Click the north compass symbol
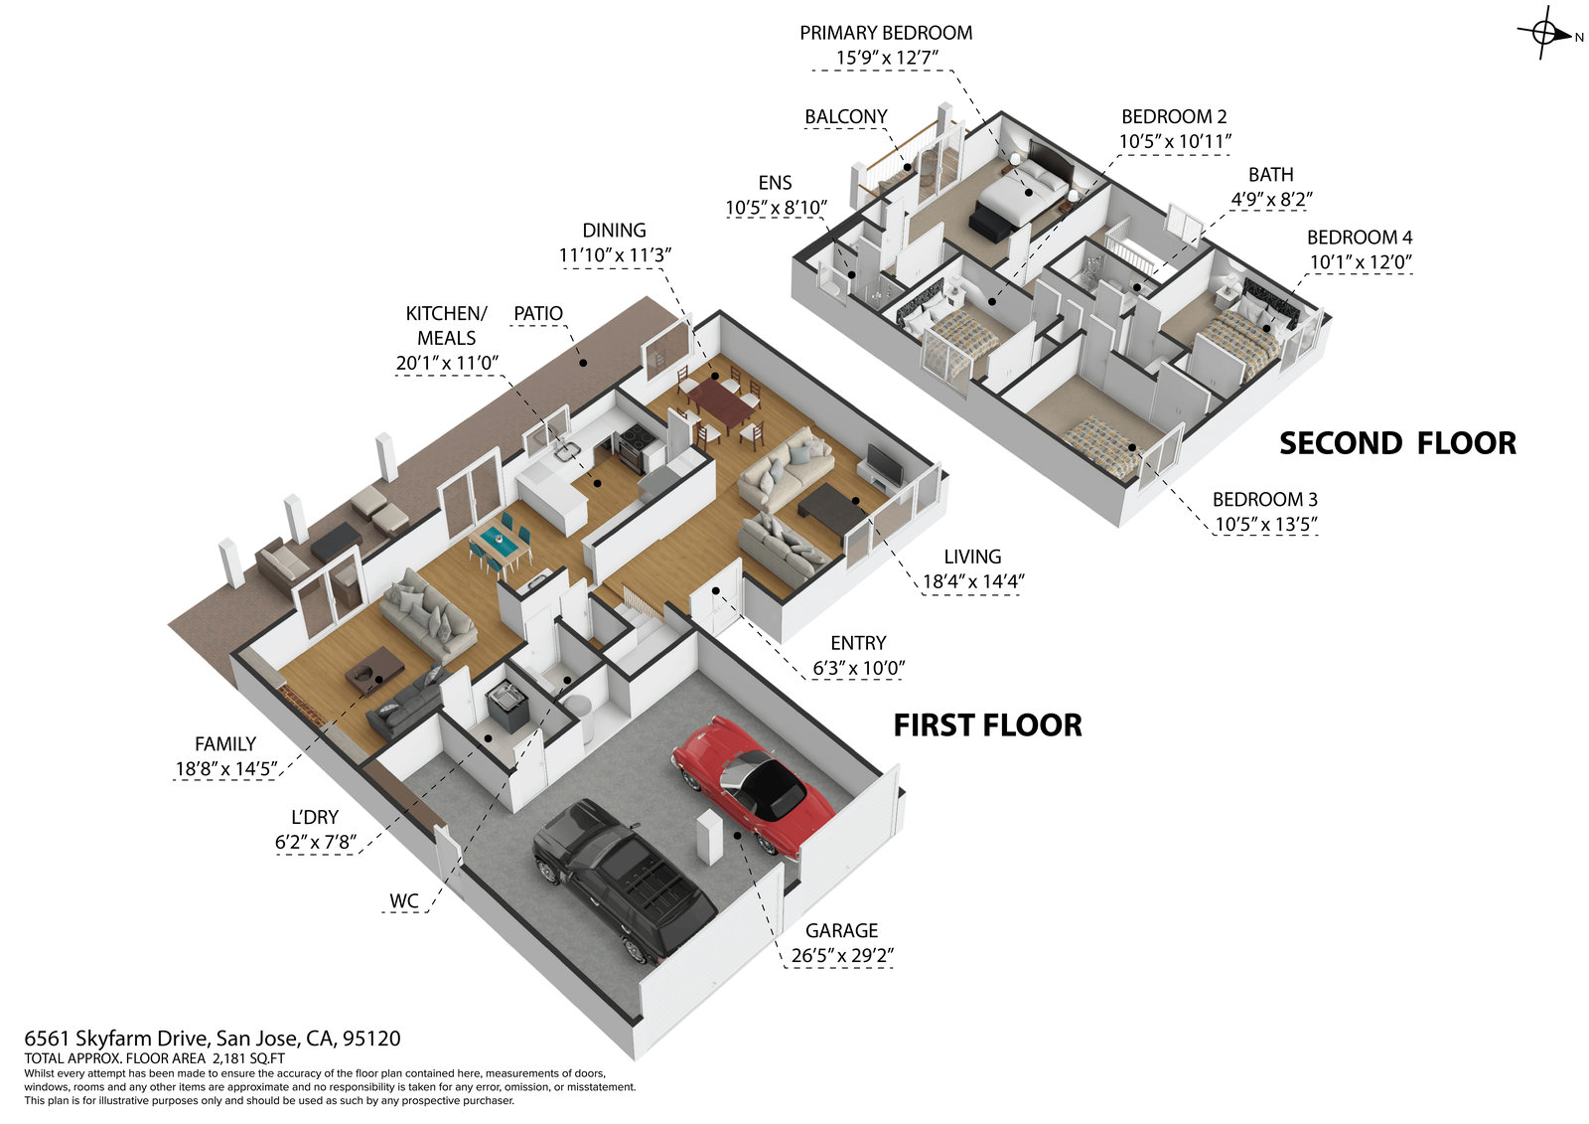click(x=1544, y=34)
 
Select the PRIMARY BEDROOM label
click(x=886, y=33)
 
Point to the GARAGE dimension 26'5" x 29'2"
click(x=842, y=957)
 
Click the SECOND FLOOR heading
click(x=1397, y=443)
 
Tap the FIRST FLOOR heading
click(x=987, y=725)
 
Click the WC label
click(x=403, y=901)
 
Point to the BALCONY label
click(x=845, y=116)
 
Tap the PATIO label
click(x=537, y=313)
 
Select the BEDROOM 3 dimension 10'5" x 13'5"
click(x=1264, y=525)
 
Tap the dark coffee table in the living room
click(x=832, y=508)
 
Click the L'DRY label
click(x=314, y=817)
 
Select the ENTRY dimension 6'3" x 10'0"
click(x=858, y=669)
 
